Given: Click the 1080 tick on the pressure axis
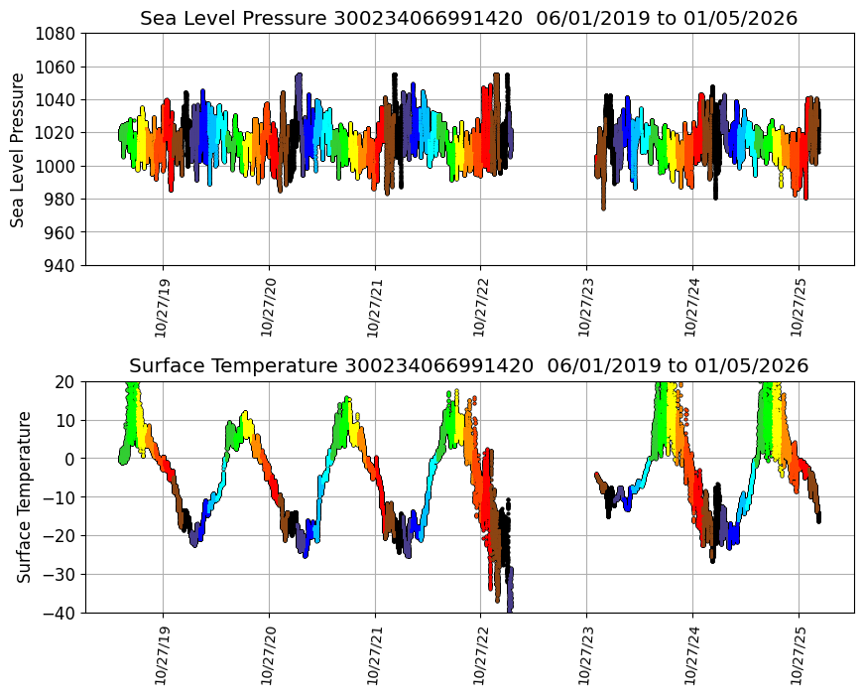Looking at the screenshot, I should point(57,33).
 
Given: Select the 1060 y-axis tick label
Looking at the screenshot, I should point(57,67).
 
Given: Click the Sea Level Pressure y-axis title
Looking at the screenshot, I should point(18,149).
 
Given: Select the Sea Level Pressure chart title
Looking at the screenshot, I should point(468,19).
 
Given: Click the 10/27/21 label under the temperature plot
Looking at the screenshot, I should point(375,654).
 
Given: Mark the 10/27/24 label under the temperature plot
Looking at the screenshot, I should point(692,654).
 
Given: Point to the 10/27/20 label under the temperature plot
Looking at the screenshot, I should point(269,654).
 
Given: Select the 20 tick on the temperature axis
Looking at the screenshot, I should point(64,381).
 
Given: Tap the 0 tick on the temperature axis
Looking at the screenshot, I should point(68,459).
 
